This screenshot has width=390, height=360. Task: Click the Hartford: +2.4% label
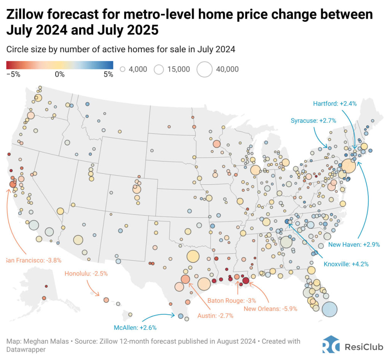point(334,104)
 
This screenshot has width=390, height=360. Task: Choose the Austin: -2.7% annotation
point(215,315)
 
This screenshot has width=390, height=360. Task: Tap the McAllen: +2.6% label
point(135,327)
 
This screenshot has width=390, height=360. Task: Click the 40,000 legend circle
point(205,69)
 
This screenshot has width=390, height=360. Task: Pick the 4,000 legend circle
point(122,69)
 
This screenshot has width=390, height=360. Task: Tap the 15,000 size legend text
point(178,69)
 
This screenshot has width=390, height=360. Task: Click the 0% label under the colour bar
point(60,74)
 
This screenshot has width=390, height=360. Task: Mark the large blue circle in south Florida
point(329,309)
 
